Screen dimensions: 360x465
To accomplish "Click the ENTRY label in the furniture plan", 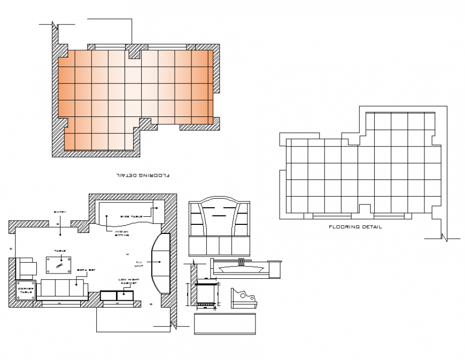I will click(60, 213).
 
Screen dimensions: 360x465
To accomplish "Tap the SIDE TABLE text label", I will click(131, 216).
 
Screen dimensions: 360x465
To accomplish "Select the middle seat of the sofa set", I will click(63, 289).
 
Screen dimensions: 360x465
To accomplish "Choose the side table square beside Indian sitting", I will click(159, 210).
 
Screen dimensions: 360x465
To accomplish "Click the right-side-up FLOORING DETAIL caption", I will click(355, 227).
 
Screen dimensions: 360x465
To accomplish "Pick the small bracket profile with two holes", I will click(244, 296).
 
